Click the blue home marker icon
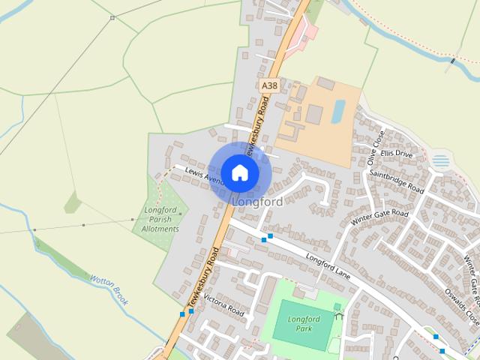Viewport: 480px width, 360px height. pos(239,172)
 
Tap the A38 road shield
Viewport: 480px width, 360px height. pos(268,87)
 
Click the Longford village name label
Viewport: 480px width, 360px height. pos(257,202)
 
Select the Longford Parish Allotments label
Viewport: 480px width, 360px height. pos(161,220)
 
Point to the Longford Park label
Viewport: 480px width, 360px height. pos(304,324)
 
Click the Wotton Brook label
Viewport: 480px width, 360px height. pos(109,288)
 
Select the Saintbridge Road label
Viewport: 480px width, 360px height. pos(396,181)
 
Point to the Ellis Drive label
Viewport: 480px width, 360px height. pos(397,154)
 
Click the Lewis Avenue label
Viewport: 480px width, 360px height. pos(204,175)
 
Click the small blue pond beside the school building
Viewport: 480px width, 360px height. pos(338,111)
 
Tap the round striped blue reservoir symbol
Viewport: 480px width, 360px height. pos(442,160)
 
